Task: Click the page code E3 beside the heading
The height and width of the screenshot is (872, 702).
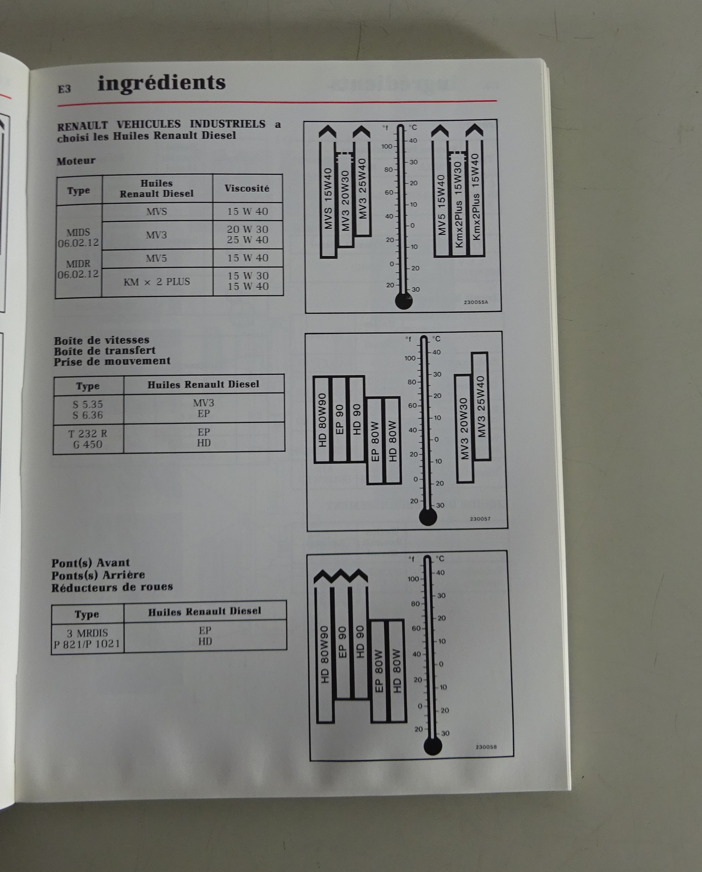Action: [x=64, y=89]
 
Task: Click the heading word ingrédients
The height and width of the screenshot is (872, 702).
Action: [x=161, y=83]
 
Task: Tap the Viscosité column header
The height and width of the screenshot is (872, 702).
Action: [x=247, y=189]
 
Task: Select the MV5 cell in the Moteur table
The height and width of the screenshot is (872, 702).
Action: [x=156, y=258]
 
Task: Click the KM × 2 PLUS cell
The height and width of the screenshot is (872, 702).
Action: [x=157, y=282]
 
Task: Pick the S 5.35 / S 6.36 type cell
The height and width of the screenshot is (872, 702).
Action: [x=88, y=410]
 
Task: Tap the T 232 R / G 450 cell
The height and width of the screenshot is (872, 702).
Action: [x=88, y=439]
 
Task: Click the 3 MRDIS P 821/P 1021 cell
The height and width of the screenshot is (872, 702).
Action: [x=87, y=638]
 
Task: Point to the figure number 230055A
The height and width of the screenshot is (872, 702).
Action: [x=476, y=302]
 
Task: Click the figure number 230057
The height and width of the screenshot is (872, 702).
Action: [x=480, y=519]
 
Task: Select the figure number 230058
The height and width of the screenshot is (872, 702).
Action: [x=486, y=747]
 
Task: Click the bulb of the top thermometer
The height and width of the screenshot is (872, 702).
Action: [x=404, y=301]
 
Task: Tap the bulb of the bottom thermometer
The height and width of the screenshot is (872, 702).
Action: [x=433, y=746]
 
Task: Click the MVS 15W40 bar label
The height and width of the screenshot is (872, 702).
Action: [x=328, y=198]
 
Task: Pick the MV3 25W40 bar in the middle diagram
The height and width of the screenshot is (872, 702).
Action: [x=481, y=407]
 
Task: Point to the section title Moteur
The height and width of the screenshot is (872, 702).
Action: [x=76, y=161]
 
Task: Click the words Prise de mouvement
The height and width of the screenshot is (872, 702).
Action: [x=112, y=361]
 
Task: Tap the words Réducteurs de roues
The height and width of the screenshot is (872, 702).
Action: [x=112, y=587]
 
